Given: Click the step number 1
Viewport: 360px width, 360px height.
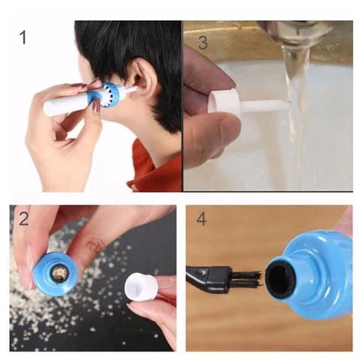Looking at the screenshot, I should pos(23,37).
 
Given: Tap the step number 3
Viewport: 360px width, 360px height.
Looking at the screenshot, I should pos(202,42).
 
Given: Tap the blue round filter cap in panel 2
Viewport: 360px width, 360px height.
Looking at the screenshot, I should pos(54,273).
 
